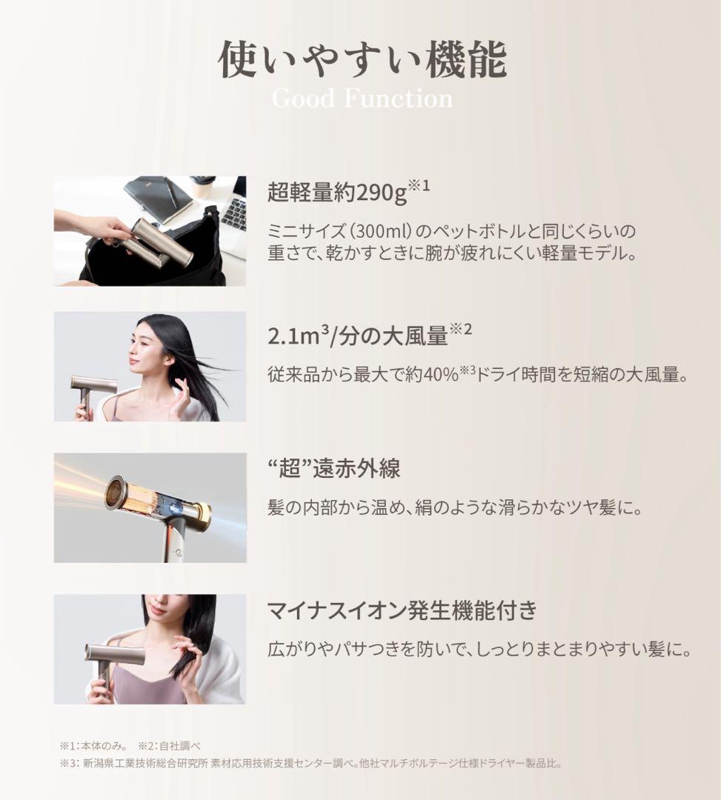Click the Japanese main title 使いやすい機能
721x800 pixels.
pyautogui.click(x=362, y=59)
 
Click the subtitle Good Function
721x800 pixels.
pyautogui.click(x=362, y=99)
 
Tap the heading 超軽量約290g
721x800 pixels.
pyautogui.click(x=338, y=193)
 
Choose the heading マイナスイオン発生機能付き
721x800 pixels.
pyautogui.click(x=402, y=612)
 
